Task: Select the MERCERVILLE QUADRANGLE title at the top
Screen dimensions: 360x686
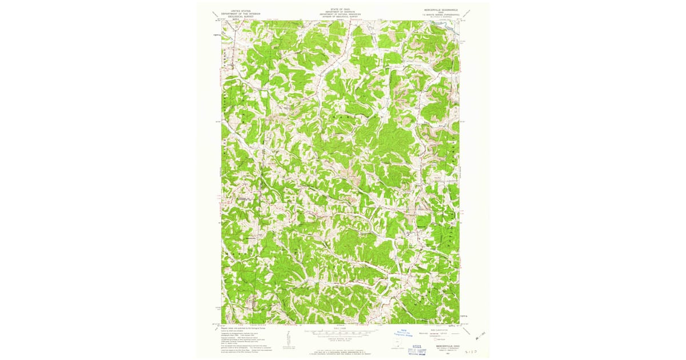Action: point(441,10)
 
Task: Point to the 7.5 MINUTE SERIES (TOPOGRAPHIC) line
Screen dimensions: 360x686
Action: point(441,15)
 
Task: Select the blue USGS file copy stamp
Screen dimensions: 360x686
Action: point(418,347)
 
